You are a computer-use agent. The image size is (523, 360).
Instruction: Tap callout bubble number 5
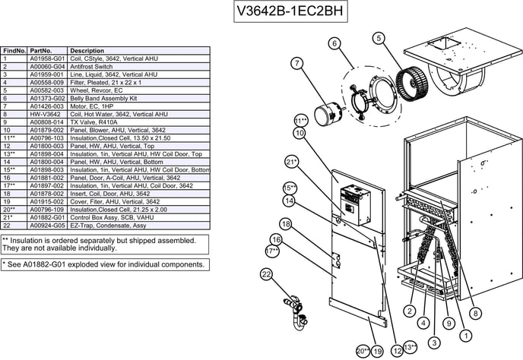point(379,37)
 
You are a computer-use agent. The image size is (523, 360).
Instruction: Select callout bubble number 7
point(296,63)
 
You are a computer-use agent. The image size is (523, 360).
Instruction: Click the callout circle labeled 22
point(267,274)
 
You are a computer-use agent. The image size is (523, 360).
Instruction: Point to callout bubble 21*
point(291,162)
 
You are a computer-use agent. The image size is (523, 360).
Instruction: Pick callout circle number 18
point(286,224)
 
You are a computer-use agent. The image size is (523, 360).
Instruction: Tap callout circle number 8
point(475,313)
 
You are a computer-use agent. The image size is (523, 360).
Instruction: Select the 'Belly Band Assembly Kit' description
point(103,99)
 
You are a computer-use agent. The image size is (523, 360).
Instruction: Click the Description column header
point(87,50)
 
